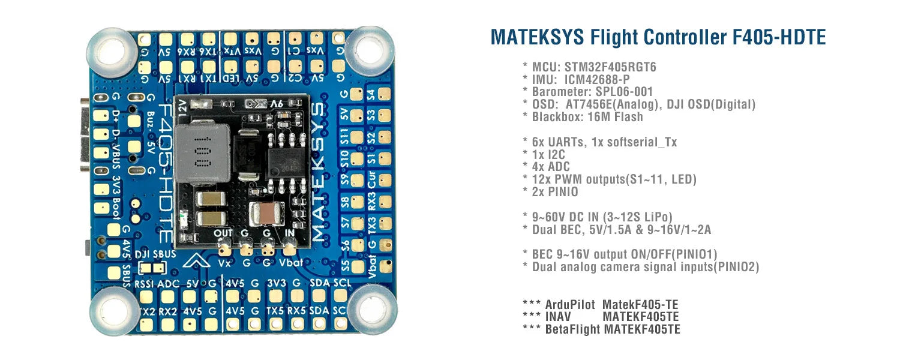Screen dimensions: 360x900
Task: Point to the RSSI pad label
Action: [x=145, y=284]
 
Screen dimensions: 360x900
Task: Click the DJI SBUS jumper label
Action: [x=156, y=254]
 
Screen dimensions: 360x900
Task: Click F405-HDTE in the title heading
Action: [x=779, y=37]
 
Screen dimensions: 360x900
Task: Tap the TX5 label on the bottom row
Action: [x=275, y=311]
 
